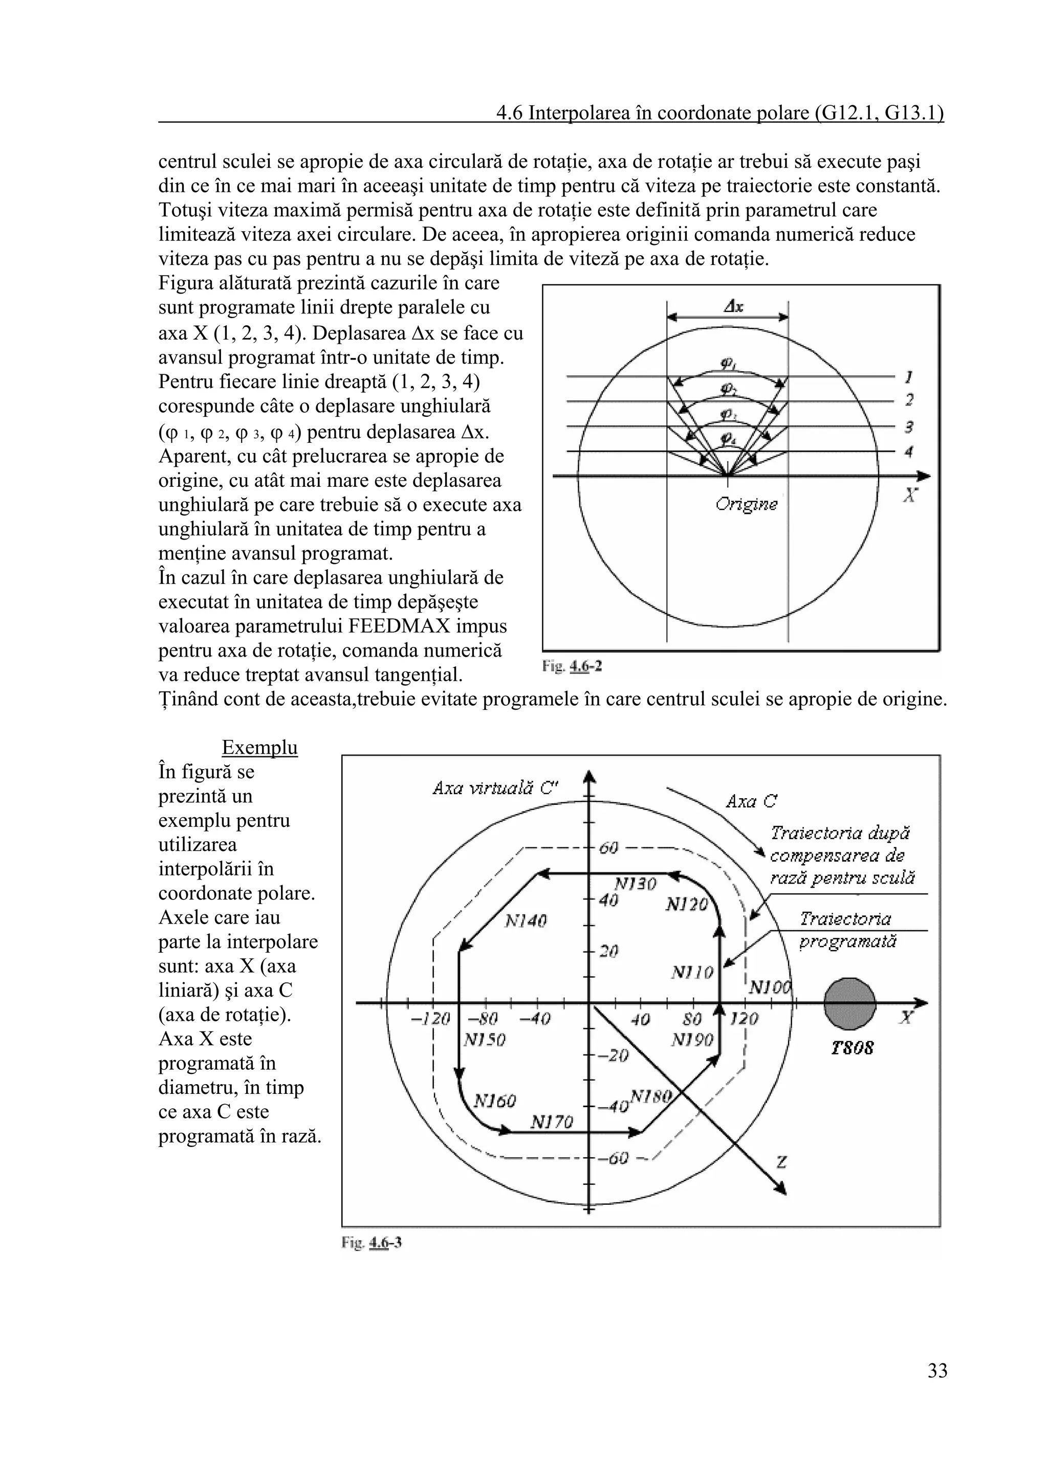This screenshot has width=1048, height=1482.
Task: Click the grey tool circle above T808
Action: (x=850, y=1004)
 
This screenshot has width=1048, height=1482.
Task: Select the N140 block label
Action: (x=525, y=921)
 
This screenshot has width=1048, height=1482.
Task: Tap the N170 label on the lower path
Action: (x=552, y=1122)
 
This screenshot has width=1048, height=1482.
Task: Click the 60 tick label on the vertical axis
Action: (x=609, y=847)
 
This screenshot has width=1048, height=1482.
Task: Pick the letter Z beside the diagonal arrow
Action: (x=781, y=1162)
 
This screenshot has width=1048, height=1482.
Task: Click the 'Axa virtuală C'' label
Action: (x=496, y=788)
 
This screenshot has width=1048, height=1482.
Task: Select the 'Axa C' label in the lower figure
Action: (x=751, y=802)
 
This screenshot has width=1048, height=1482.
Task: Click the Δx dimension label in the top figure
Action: (x=733, y=307)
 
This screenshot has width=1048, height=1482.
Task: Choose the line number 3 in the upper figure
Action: (x=908, y=426)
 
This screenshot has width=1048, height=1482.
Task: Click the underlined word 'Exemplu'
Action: (x=259, y=748)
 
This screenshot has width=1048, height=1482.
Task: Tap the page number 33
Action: (x=937, y=1388)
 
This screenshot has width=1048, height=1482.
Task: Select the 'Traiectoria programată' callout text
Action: (x=847, y=930)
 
